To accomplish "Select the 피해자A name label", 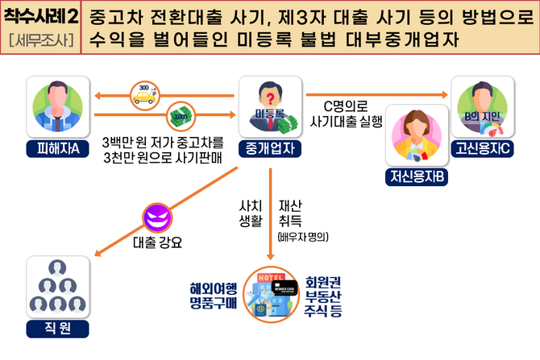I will pos(58,147).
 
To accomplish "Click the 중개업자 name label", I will pos(271,147).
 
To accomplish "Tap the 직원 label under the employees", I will pos(58,328).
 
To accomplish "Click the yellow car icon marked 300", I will pos(145,95).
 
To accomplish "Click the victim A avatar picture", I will pos(58,108).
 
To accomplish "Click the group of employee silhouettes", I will pos(58,287).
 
